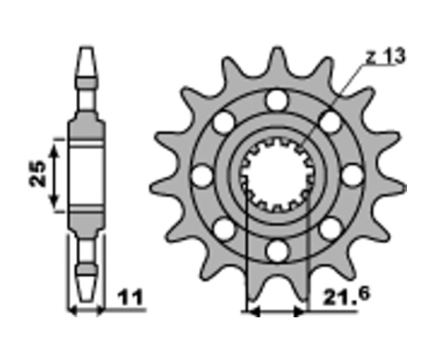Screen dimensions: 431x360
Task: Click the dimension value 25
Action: point(38,174)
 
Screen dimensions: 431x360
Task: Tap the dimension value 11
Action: point(130,297)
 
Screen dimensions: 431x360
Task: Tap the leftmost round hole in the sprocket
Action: point(203,176)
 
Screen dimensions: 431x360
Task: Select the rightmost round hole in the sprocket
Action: point(353,176)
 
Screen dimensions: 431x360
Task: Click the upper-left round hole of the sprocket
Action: point(224,122)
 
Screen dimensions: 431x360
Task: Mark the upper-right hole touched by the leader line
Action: point(330,122)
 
